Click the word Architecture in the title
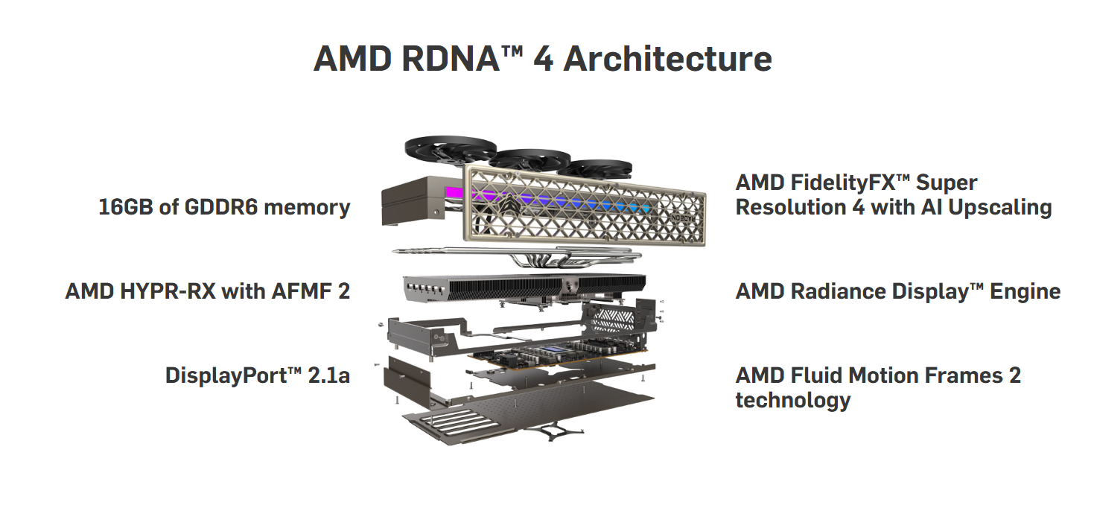(x=667, y=60)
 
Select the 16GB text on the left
(x=127, y=206)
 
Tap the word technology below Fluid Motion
(x=792, y=400)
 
